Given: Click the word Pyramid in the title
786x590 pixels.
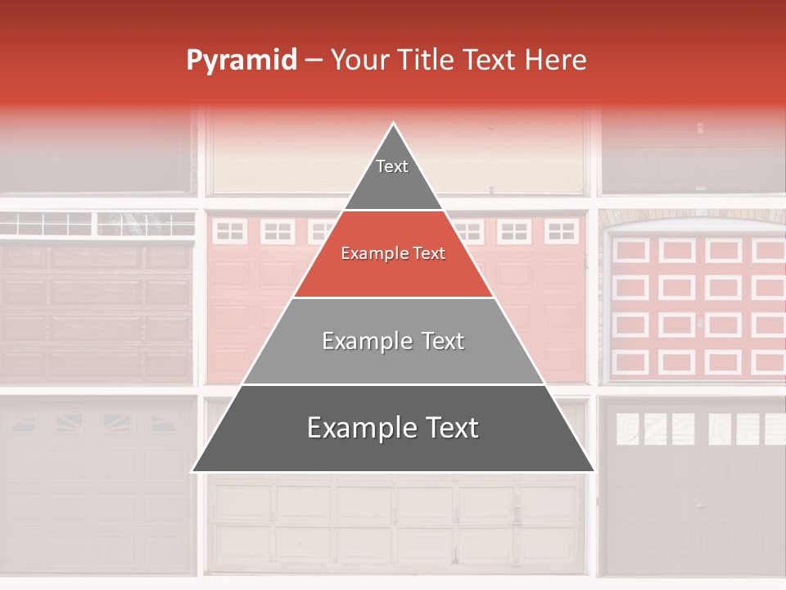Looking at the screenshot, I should tap(241, 61).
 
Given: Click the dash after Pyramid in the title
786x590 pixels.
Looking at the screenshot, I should tap(314, 61).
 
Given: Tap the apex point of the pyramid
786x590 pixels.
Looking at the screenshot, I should tap(394, 123).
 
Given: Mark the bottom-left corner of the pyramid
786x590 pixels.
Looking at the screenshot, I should tap(192, 471).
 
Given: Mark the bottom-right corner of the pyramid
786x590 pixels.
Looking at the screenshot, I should tap(594, 471).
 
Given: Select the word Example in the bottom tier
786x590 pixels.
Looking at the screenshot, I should tap(357, 429).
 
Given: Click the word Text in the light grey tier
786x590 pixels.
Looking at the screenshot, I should tap(440, 341).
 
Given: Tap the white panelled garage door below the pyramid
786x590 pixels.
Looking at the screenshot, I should tap(393, 524).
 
